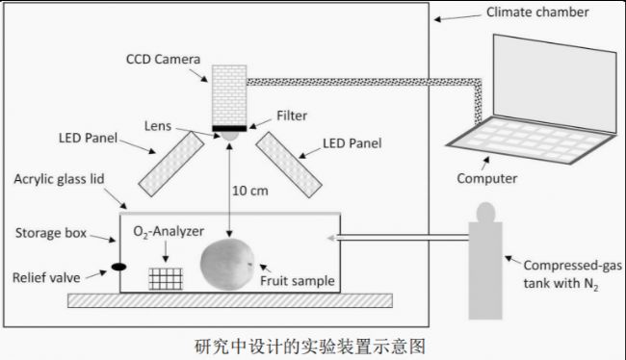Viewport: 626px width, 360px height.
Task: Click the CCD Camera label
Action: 163,60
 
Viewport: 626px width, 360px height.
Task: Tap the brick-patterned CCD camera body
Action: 229,96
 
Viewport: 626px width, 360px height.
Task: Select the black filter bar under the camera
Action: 229,129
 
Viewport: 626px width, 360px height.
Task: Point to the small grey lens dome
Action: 229,136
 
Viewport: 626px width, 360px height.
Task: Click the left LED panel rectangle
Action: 171,164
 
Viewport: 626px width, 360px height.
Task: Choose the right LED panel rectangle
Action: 289,165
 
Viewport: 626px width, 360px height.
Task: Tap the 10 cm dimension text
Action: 250,191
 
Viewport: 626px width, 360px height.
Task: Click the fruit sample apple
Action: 227,264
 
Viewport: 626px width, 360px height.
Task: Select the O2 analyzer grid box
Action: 166,278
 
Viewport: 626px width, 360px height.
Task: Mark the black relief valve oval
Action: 118,267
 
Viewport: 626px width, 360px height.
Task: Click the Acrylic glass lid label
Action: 59,179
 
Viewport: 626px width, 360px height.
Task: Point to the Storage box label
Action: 51,233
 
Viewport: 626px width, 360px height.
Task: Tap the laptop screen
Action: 555,84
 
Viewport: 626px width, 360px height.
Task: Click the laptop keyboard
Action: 531,140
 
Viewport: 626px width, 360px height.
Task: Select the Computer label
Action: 486,178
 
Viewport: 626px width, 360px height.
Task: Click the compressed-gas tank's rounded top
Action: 485,213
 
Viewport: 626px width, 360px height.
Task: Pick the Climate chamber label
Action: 537,13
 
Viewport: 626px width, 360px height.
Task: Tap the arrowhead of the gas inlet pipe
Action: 330,239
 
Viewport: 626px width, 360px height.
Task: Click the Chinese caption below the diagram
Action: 310,346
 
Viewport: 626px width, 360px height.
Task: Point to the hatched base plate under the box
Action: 230,300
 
